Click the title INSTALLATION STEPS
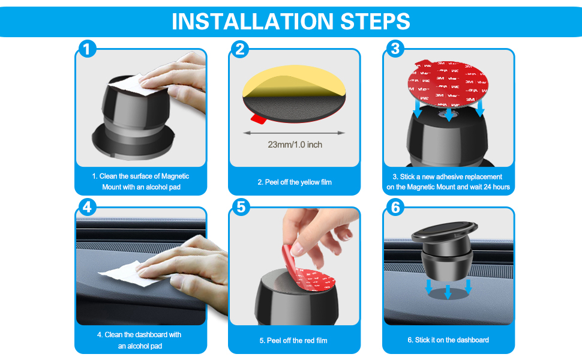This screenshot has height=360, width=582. point(290,21)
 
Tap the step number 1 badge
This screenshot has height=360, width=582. point(87,49)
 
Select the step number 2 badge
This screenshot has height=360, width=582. point(240,49)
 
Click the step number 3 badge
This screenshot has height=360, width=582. point(395,49)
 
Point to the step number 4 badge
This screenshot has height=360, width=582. point(87,207)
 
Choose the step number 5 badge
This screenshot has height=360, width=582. point(241,207)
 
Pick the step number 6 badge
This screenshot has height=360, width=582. point(395,207)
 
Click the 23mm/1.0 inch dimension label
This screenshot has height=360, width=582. point(295,145)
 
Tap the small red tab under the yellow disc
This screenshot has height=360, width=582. point(259,119)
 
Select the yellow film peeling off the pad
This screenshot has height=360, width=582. point(294,81)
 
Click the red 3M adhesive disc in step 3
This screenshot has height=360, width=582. point(448,83)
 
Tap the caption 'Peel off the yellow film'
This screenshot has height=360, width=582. point(295,182)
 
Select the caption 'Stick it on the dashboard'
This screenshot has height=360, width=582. point(448,340)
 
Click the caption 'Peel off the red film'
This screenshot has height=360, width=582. point(293,341)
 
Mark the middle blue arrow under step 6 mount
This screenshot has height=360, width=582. point(448,292)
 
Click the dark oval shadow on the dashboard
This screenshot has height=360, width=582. point(448,294)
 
